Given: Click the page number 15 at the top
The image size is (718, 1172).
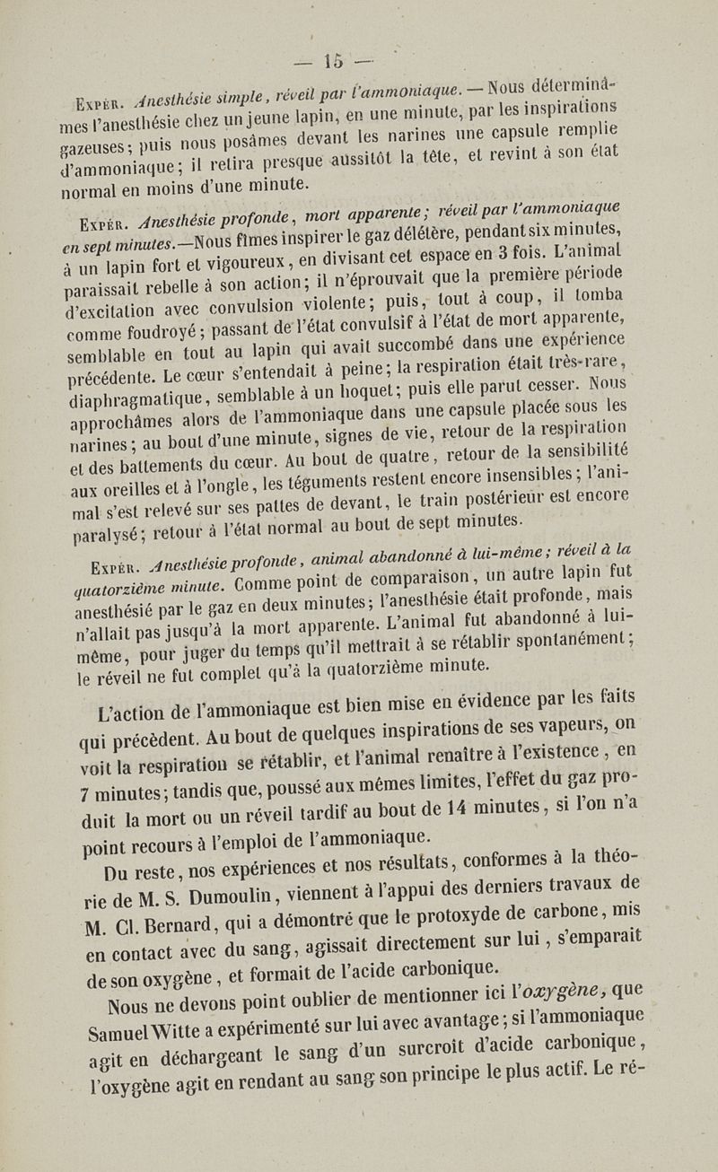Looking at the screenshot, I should [336, 62].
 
